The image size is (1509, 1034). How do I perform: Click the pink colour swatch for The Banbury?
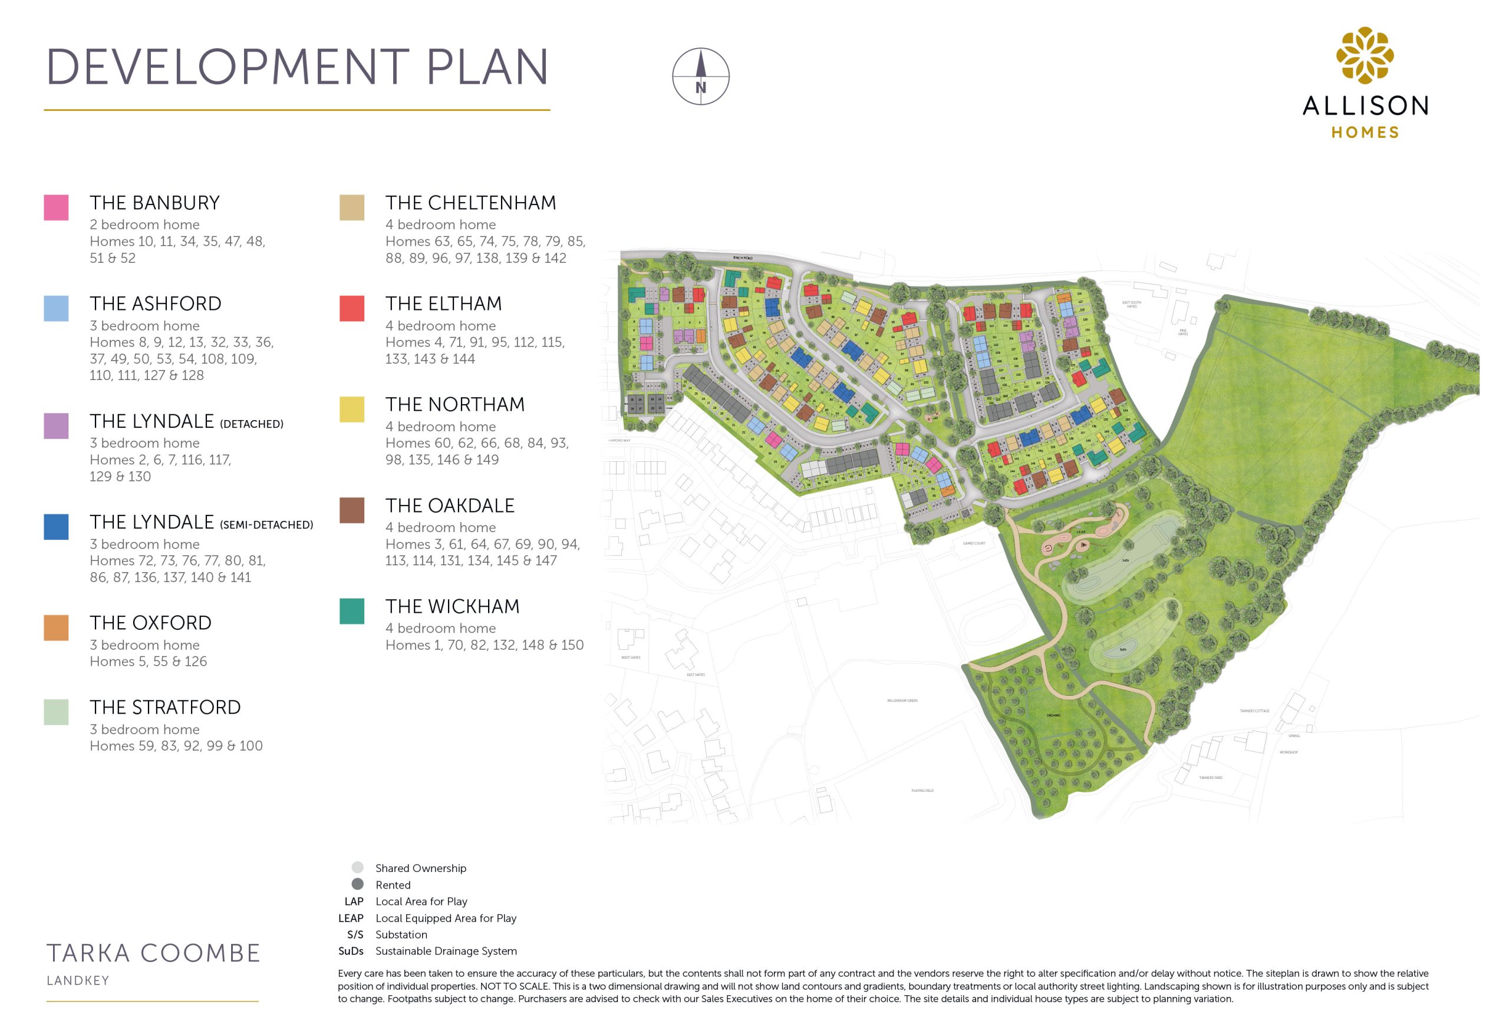click(x=56, y=208)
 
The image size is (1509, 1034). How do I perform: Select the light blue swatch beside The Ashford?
click(x=56, y=308)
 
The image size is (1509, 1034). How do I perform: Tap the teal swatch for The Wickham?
click(x=351, y=611)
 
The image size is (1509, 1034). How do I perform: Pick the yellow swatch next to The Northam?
click(x=351, y=409)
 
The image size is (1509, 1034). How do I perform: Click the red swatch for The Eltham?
click(x=351, y=308)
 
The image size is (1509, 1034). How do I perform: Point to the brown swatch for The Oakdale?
click(x=351, y=510)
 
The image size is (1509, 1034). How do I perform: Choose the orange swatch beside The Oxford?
click(x=56, y=627)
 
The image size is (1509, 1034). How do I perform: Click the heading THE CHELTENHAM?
click(x=470, y=203)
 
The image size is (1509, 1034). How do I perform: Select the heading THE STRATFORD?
click(x=165, y=708)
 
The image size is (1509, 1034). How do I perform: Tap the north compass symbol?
click(x=701, y=77)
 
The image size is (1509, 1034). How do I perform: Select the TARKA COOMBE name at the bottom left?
click(x=153, y=953)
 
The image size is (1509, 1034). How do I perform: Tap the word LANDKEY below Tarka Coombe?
click(x=78, y=981)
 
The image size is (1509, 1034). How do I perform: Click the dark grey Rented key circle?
click(x=357, y=884)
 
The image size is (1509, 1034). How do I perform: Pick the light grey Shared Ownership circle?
click(x=357, y=867)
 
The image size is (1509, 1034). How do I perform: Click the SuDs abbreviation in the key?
click(x=351, y=951)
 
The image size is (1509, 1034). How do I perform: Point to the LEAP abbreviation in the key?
click(x=351, y=918)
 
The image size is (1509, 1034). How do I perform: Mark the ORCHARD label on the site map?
click(x=1053, y=715)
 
